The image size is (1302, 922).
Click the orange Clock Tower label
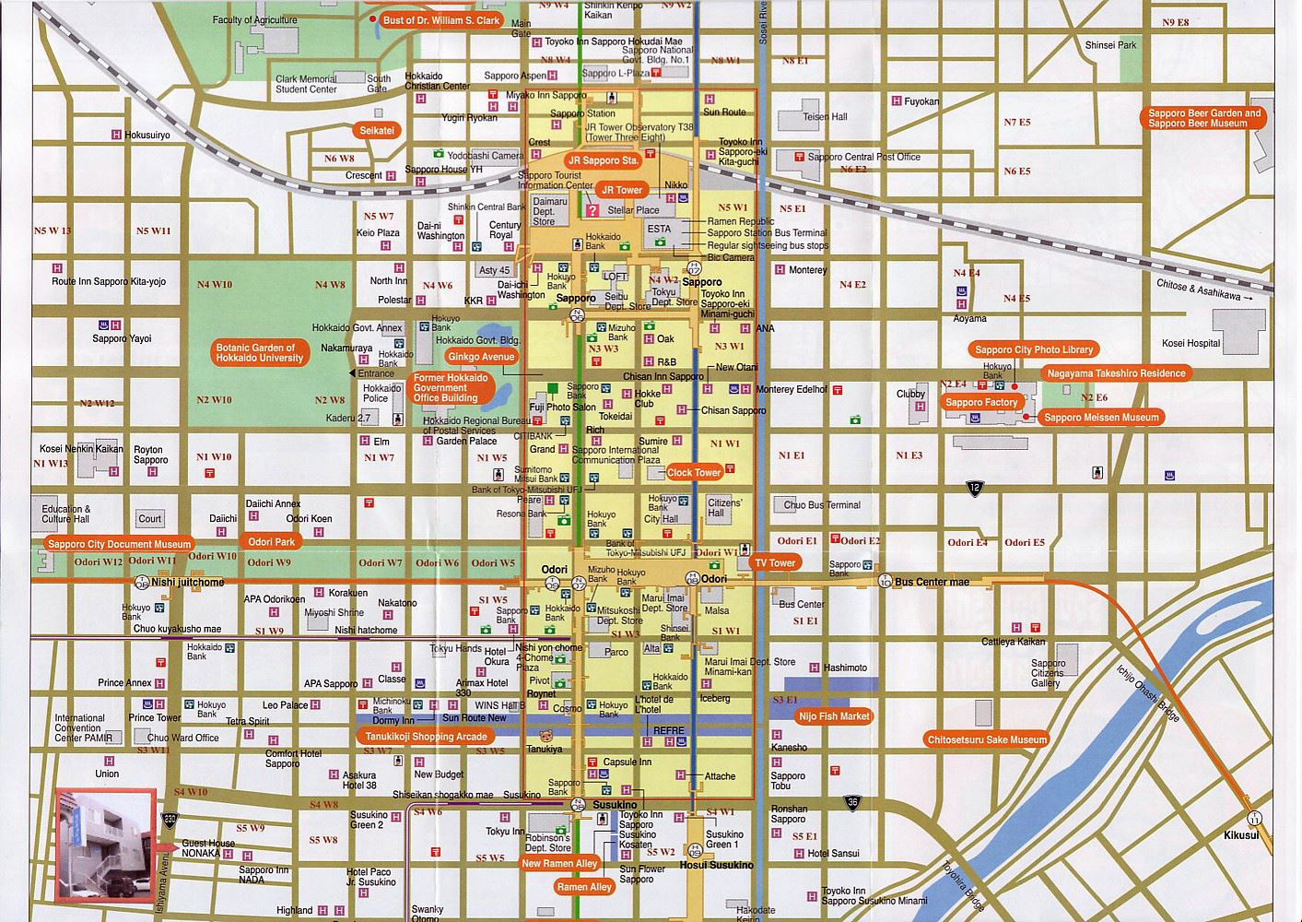pos(694,472)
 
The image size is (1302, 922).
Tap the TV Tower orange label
pos(775,562)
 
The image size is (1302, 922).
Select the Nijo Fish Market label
pos(834,715)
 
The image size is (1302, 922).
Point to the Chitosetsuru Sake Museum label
pos(987,739)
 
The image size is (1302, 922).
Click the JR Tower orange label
pos(622,190)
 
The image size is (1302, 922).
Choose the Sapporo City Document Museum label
pos(119,544)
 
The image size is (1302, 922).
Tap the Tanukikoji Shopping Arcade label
pos(421,737)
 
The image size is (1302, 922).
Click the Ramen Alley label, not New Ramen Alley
pos(584,887)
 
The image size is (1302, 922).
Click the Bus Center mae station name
pos(932,582)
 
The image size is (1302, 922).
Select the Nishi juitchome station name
pos(188,583)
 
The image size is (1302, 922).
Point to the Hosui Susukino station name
pos(716,865)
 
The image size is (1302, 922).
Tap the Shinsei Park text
pos(1110,45)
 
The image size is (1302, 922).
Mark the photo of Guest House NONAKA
pos(104,844)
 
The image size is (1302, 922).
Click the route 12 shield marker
pos(975,487)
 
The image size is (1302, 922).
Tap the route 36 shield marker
pos(852,803)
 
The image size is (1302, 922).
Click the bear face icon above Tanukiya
pos(545,737)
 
